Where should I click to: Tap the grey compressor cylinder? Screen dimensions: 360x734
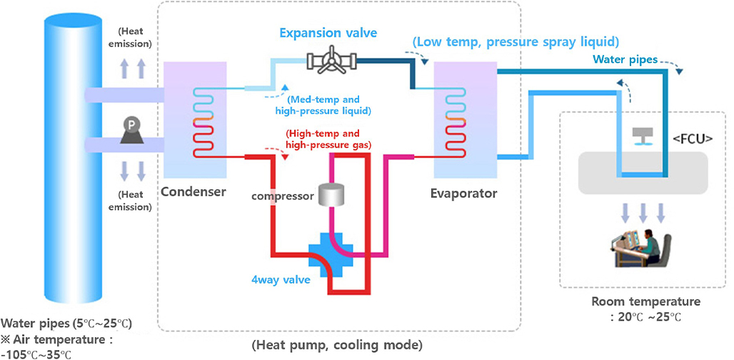tap(331, 194)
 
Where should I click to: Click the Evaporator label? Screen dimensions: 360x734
tap(464, 193)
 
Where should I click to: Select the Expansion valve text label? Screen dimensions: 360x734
tap(328, 33)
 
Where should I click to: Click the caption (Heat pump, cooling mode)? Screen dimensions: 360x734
tap(337, 345)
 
